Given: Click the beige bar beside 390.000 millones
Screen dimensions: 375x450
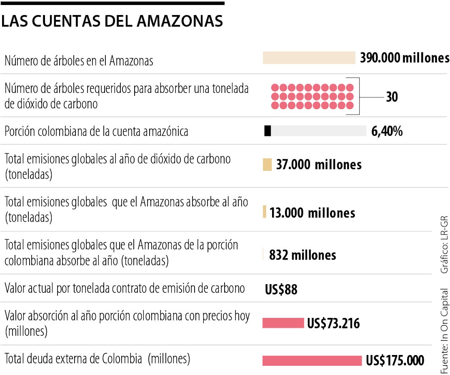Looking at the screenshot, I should [x=308, y=58].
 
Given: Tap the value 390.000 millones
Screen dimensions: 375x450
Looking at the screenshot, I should [x=405, y=57].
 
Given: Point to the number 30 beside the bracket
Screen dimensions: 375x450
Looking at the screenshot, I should [x=392, y=97].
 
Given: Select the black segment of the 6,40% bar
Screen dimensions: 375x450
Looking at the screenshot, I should [x=267, y=131].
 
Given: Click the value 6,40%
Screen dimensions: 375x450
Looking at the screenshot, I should [x=387, y=131].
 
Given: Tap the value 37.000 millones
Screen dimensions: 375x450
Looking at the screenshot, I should [x=319, y=165].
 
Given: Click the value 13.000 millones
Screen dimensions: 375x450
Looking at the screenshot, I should [x=312, y=213].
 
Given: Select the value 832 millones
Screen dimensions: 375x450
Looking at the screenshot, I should [x=302, y=255].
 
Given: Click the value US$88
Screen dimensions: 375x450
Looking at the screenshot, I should [x=281, y=289].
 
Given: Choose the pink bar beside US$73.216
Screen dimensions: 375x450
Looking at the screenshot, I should [x=283, y=323].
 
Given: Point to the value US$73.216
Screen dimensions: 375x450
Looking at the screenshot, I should [x=333, y=323].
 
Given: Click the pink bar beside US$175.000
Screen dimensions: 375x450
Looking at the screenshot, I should [x=312, y=360].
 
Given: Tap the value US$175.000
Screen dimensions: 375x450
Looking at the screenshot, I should [x=395, y=360].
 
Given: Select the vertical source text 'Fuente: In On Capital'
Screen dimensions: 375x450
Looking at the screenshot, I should [x=445, y=331].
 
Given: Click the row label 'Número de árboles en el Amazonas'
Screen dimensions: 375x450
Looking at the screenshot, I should [x=79, y=61].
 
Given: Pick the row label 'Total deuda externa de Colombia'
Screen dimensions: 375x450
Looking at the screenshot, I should [x=97, y=358].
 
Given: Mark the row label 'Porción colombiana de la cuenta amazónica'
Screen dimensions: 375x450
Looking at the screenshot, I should [x=96, y=131].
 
